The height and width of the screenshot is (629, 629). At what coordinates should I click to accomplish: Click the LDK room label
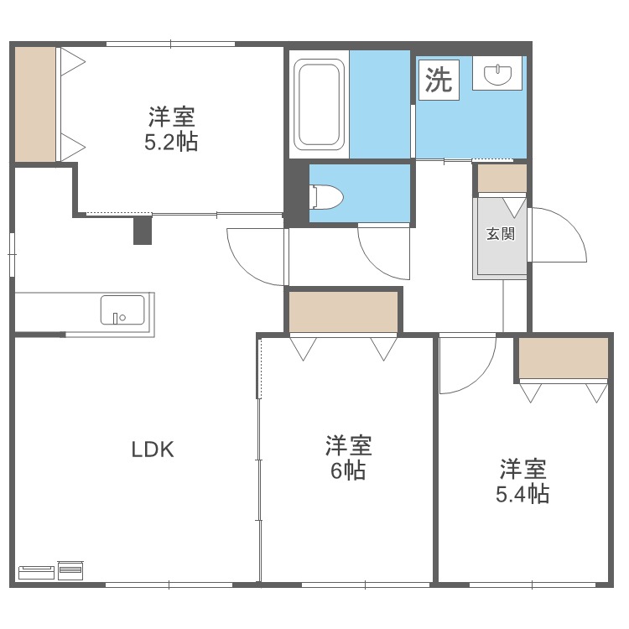[x=152, y=450]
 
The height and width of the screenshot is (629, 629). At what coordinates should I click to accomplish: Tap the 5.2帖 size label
[x=171, y=142]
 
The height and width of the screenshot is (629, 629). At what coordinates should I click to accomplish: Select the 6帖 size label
[x=347, y=470]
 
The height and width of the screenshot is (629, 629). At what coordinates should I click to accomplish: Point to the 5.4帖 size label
[x=522, y=493]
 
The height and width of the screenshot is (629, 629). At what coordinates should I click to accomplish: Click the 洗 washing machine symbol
[x=439, y=80]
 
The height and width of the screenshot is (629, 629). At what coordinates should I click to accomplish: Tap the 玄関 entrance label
[x=500, y=234]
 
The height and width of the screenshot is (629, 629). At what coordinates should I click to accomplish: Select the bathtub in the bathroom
[x=319, y=105]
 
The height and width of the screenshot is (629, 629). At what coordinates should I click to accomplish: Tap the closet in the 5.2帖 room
[x=35, y=103]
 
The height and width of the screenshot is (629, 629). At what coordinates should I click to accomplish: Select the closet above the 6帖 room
[x=343, y=312]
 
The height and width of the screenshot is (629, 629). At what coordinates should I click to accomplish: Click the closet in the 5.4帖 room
[x=563, y=358]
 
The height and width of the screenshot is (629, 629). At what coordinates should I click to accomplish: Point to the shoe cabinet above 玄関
[x=502, y=178]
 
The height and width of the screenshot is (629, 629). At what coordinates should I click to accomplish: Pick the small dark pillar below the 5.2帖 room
[x=142, y=230]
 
